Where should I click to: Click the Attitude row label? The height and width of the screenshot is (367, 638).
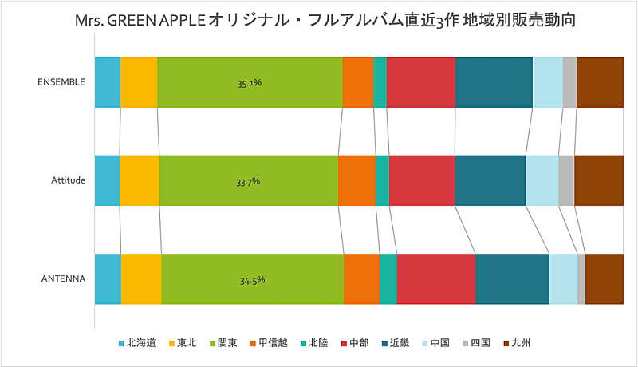(68, 181)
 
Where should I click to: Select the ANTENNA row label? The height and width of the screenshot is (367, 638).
(65, 279)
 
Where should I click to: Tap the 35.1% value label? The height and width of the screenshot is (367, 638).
(250, 82)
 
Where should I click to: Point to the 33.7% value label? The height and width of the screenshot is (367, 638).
(248, 181)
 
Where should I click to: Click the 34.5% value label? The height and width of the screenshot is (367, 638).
(252, 280)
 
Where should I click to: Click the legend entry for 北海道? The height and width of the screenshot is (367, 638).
(136, 344)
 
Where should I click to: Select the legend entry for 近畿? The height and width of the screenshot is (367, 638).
(399, 344)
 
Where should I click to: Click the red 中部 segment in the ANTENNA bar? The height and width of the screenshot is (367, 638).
(435, 279)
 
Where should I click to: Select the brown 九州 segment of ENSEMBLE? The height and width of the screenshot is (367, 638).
(599, 82)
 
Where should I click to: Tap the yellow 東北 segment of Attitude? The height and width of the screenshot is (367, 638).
(139, 181)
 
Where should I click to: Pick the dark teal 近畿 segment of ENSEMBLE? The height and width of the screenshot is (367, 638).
(494, 82)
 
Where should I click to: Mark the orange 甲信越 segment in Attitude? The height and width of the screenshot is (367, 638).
(356, 181)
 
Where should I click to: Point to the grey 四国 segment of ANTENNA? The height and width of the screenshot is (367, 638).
(581, 279)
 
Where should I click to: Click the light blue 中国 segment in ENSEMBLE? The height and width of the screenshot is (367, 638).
(547, 82)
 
